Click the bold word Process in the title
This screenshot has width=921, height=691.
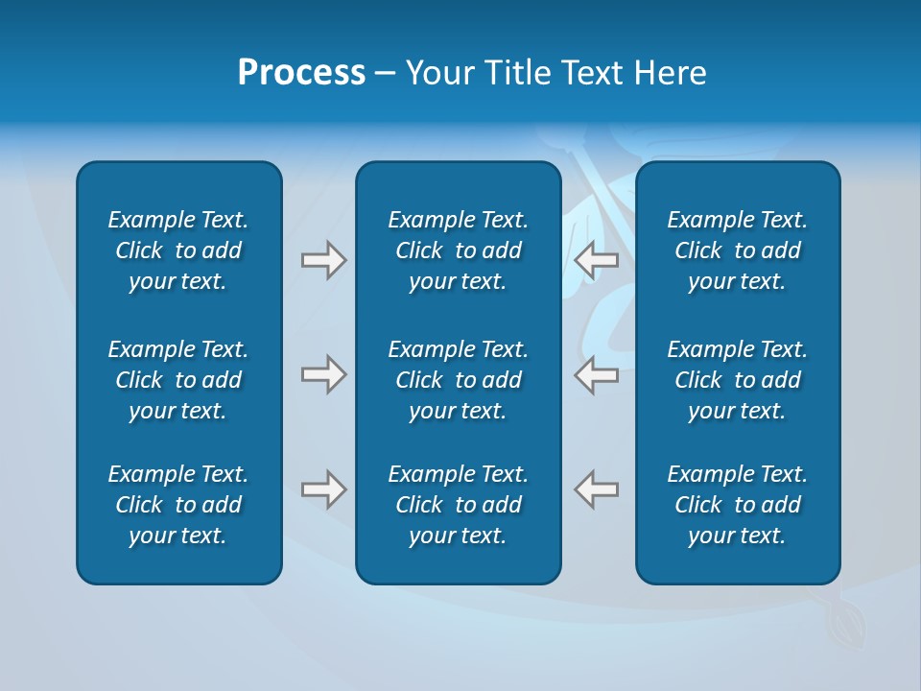pyautogui.click(x=301, y=73)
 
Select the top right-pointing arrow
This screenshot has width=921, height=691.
pyautogui.click(x=323, y=260)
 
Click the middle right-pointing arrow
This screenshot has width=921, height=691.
pyautogui.click(x=323, y=374)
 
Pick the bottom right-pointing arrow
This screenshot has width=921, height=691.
pyautogui.click(x=323, y=489)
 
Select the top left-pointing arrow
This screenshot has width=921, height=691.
pyautogui.click(x=596, y=260)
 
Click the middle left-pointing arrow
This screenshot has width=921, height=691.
pyautogui.click(x=596, y=374)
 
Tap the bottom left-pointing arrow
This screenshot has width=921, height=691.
pyautogui.click(x=596, y=489)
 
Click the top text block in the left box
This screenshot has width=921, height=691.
pyautogui.click(x=178, y=250)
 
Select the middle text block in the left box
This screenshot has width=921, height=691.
pyautogui.click(x=178, y=380)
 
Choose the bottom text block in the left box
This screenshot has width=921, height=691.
pyautogui.click(x=178, y=505)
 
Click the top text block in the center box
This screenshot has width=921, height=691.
pyautogui.click(x=458, y=250)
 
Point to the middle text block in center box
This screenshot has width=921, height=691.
pyautogui.click(x=458, y=380)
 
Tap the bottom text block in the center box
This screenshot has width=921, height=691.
pyautogui.click(x=458, y=505)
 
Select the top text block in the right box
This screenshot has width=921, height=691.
pyautogui.click(x=738, y=250)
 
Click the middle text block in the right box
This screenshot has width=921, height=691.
pyautogui.click(x=738, y=380)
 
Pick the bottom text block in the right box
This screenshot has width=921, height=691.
pyautogui.click(x=738, y=505)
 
